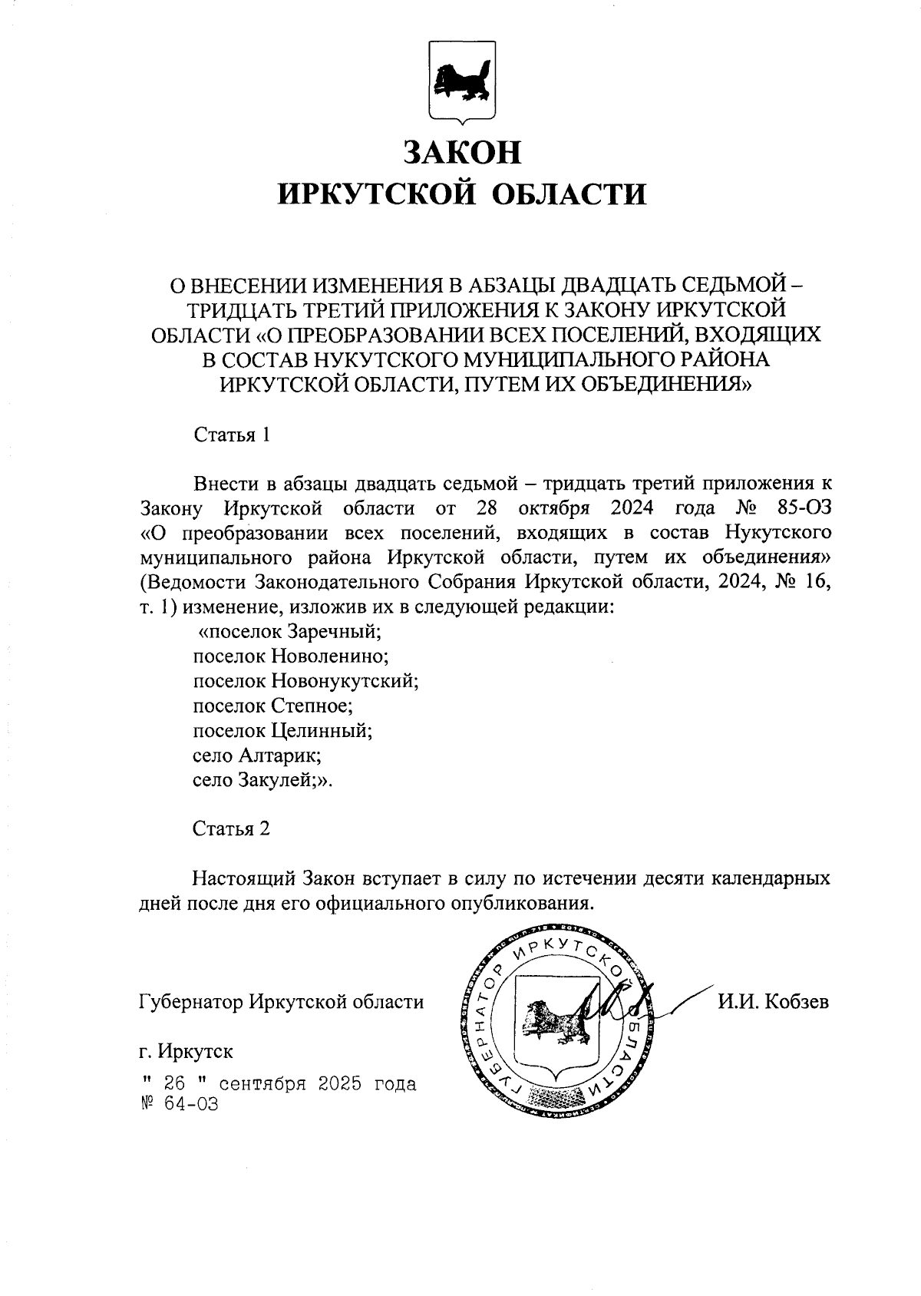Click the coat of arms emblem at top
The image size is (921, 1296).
coord(460,82)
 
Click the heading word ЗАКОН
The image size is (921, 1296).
coord(460,152)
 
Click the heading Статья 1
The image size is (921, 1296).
coord(232,435)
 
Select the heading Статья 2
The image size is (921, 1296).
coord(232,829)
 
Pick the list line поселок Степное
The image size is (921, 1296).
coord(272,706)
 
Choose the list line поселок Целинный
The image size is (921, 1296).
coord(282,730)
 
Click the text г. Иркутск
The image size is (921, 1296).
coord(187,1050)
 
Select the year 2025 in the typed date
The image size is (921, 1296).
coord(335,1084)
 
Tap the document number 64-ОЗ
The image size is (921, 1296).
coord(191,1105)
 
